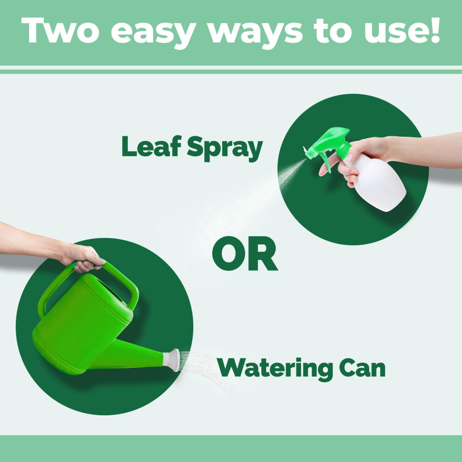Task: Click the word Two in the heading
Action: pyautogui.click(x=60, y=30)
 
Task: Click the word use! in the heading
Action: pyautogui.click(x=402, y=31)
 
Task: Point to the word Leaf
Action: pyautogui.click(x=151, y=146)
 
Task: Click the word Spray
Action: pyautogui.click(x=225, y=148)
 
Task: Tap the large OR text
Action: pyautogui.click(x=245, y=253)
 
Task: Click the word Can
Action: pyautogui.click(x=362, y=367)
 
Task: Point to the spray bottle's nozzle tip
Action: pyautogui.click(x=305, y=149)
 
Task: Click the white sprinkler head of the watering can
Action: pyautogui.click(x=172, y=359)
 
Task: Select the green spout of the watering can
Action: pyautogui.click(x=130, y=355)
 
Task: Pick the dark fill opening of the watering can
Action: pyautogui.click(x=110, y=290)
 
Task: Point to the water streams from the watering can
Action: pyautogui.click(x=203, y=369)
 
